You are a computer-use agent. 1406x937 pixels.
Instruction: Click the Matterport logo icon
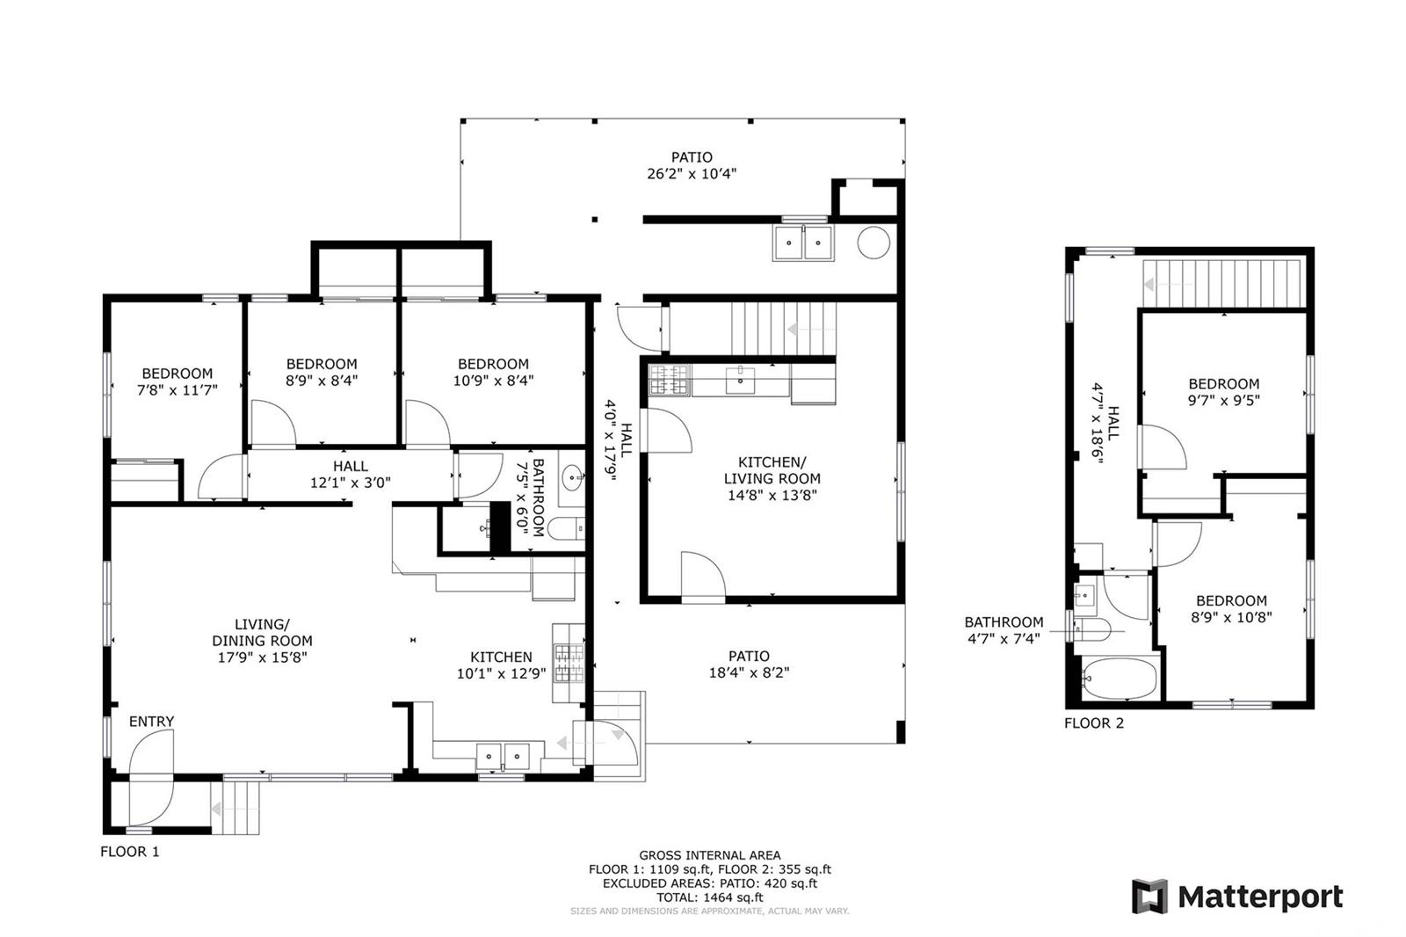1149,897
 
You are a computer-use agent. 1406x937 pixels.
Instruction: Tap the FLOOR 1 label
130,852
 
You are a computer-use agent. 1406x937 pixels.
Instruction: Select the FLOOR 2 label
1094,723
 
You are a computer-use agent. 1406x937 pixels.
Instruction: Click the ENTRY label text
151,722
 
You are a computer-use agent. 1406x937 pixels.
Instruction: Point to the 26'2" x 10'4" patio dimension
692,173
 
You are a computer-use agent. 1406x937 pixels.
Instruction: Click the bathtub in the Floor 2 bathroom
1120,679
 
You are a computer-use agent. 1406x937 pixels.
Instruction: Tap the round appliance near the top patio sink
873,243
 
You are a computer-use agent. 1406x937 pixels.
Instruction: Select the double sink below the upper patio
803,243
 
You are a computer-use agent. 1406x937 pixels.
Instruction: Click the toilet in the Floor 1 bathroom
566,528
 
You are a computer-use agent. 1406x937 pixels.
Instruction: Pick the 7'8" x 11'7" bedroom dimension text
177,390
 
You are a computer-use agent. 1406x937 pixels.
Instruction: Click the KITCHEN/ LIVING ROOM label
772,470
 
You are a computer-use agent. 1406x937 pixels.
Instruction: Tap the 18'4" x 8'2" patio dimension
749,672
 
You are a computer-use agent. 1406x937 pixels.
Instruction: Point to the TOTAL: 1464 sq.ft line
709,897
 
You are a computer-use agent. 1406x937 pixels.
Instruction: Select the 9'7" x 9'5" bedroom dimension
1224,400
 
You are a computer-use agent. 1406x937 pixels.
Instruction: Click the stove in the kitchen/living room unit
669,381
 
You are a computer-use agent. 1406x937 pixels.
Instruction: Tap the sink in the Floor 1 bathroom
571,478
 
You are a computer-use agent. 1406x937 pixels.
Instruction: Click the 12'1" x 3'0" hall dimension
351,483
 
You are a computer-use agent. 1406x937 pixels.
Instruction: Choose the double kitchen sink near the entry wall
503,756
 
